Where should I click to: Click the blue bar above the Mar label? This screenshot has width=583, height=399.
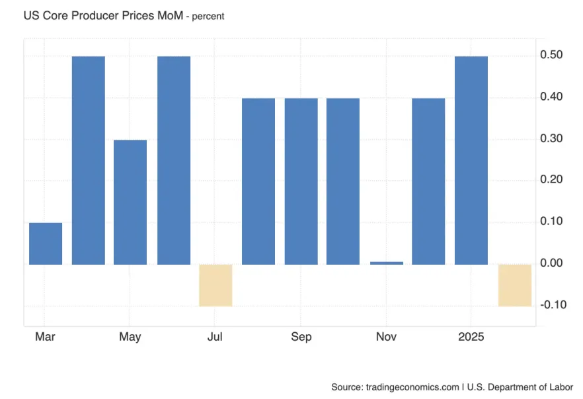46,244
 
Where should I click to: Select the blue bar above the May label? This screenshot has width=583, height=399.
130,202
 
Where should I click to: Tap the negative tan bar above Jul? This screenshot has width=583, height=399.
215,285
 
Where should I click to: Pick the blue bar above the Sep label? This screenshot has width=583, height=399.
301,181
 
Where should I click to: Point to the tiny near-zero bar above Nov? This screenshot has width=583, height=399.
386,263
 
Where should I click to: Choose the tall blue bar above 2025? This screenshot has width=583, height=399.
471,160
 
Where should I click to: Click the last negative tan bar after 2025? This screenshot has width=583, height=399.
515,285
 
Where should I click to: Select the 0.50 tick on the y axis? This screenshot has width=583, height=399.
551,55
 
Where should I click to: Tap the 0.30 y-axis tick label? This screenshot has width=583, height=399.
551,138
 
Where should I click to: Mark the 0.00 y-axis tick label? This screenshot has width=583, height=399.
551,263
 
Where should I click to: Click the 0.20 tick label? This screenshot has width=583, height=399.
551,180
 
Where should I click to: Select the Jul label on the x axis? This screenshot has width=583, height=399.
215,337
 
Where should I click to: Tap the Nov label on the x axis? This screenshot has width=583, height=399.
386,337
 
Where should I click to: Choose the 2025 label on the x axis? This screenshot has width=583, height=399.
471,337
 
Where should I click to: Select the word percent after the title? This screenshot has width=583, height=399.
208,17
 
